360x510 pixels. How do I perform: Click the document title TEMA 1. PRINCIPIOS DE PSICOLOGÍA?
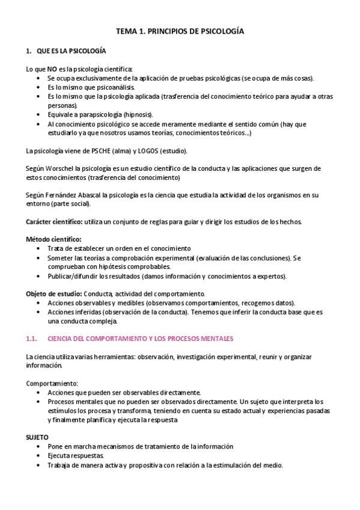point(180,31)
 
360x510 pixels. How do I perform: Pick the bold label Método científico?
point(53,239)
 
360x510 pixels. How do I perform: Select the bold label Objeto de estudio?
point(53,293)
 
